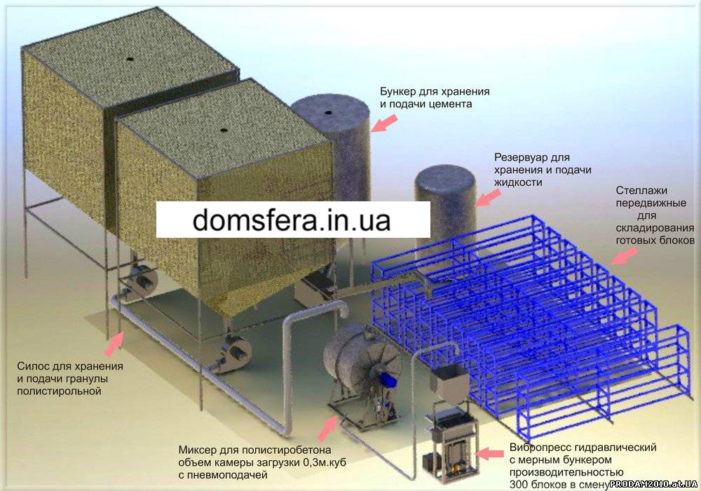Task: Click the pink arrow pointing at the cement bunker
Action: tap(384, 123)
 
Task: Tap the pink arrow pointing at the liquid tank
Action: tap(488, 197)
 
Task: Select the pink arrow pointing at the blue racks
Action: tap(624, 256)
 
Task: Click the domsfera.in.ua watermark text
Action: tap(292, 220)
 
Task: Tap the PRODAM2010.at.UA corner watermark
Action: tap(653, 484)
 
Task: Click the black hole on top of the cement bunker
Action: tap(329, 112)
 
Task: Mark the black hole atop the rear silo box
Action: tap(129, 59)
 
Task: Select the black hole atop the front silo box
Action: tap(224, 130)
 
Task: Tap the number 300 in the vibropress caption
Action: tap(518, 484)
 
